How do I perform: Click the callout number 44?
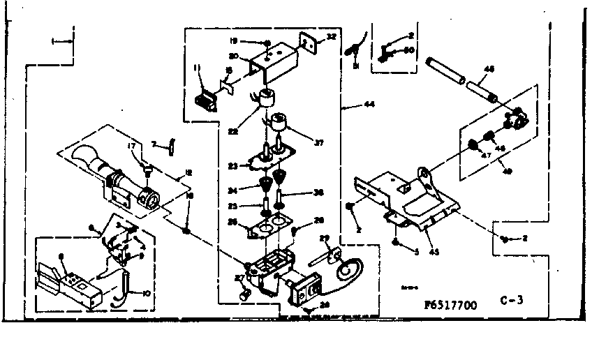[x=364, y=105]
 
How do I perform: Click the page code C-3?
[x=512, y=301]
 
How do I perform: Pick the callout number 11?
[x=198, y=68]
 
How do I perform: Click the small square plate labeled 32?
[x=307, y=42]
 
